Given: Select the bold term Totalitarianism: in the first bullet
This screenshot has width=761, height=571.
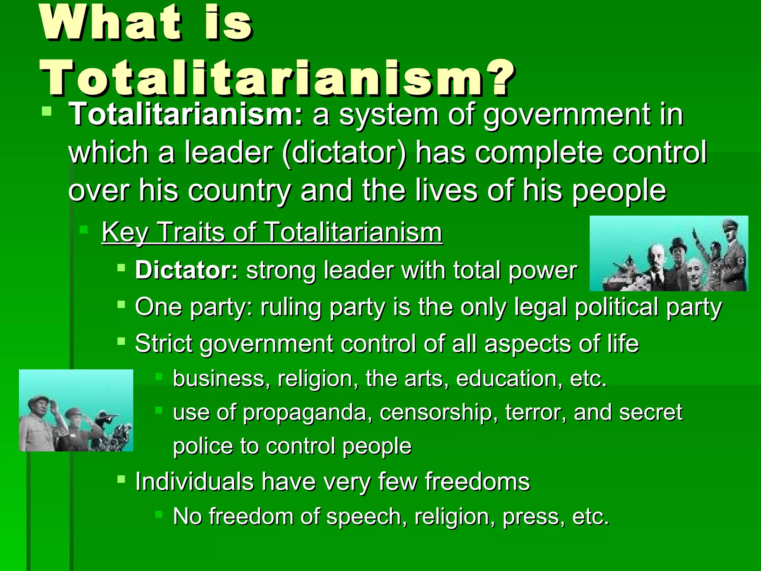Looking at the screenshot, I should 186,114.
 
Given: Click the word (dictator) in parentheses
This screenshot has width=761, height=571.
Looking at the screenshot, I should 344,153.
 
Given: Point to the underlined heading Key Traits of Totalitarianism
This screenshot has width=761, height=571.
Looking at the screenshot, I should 272,232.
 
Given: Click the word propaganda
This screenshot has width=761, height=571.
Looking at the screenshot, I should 305,413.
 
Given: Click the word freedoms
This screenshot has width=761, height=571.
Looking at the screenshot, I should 477,482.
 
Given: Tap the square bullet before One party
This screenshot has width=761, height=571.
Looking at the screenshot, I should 121,305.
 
